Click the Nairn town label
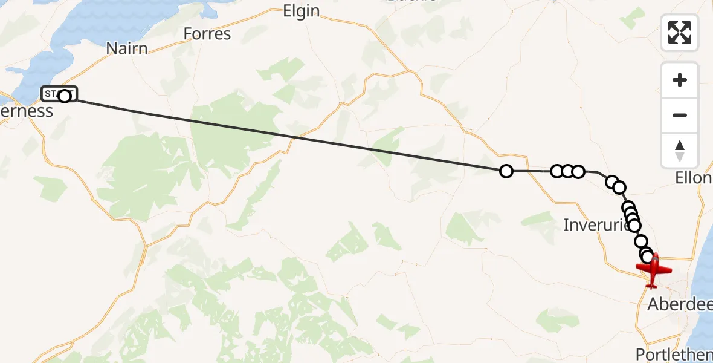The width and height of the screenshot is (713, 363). click(x=127, y=48)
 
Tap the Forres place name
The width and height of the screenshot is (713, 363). click(x=207, y=33)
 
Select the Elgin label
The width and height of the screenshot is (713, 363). click(x=301, y=11)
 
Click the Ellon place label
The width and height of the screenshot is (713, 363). click(x=694, y=178)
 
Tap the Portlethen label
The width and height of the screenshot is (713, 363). click(x=674, y=355)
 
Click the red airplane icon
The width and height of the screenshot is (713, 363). click(x=653, y=269)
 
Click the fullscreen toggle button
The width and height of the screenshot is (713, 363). click(x=680, y=33)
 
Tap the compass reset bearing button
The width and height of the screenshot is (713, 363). click(x=680, y=151)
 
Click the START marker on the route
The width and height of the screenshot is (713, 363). click(x=59, y=94)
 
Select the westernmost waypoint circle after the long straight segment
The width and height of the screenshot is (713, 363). click(x=506, y=171)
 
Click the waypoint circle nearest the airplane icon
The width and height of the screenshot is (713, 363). click(x=648, y=257)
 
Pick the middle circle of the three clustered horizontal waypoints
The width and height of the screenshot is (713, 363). click(x=567, y=171)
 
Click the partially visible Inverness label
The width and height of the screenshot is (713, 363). click(x=27, y=111)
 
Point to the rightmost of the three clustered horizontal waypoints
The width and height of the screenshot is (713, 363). click(x=578, y=171)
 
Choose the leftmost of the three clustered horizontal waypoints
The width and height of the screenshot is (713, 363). click(x=557, y=171)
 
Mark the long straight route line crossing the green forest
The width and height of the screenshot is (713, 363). click(x=242, y=128)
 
